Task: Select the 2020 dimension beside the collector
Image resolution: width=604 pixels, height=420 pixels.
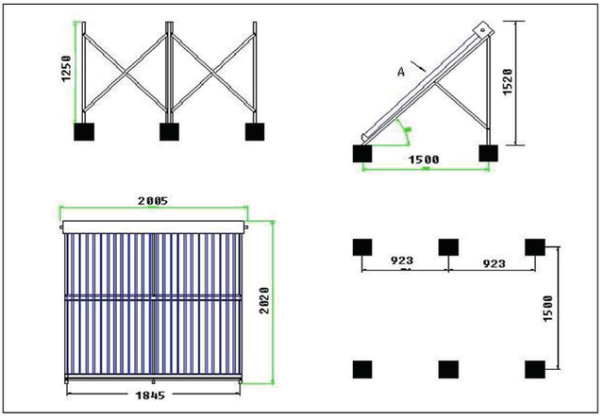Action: click(266, 301)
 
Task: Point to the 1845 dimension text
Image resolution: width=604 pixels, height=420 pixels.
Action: click(153, 393)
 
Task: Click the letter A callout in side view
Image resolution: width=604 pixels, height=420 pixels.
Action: click(401, 70)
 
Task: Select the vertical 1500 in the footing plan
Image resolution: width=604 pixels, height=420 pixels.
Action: click(564, 308)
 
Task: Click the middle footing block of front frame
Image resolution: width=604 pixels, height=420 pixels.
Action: click(168, 131)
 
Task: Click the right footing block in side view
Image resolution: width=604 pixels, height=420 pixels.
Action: click(488, 152)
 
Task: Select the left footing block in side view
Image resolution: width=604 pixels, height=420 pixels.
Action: click(361, 152)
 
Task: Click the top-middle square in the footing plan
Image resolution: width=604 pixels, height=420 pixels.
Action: click(448, 248)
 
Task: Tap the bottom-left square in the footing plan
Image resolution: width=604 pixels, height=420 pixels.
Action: click(361, 368)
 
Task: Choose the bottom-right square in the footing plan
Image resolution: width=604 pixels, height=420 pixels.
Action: click(535, 368)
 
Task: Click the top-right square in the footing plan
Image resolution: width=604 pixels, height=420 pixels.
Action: click(535, 248)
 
